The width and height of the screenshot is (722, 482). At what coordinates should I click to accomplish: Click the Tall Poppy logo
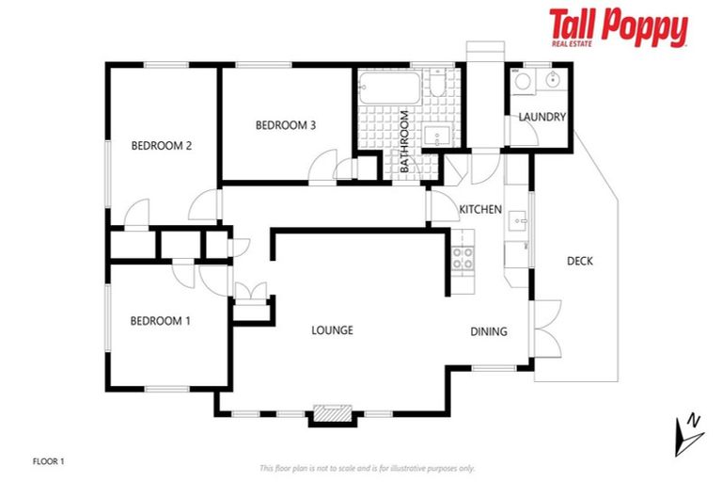(x=618, y=28)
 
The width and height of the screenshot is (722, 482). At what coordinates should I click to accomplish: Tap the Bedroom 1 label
(x=160, y=321)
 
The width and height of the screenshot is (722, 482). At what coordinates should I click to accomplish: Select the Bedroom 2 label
(x=161, y=145)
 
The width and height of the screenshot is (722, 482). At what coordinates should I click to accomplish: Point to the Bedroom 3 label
(x=285, y=125)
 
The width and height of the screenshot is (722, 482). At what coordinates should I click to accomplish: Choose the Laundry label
(x=542, y=117)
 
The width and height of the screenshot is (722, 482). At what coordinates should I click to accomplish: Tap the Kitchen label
(x=479, y=209)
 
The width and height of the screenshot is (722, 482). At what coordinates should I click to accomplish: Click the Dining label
(x=489, y=331)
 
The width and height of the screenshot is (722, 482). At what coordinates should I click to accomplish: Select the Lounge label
(x=333, y=330)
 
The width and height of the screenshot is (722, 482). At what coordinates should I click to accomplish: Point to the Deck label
(x=580, y=261)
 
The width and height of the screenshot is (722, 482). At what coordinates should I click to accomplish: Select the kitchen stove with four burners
(x=463, y=257)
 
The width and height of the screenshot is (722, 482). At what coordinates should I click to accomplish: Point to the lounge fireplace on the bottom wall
(x=332, y=413)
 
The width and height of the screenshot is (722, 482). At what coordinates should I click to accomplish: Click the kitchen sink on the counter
(x=516, y=222)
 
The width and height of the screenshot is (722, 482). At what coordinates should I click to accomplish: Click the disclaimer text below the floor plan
(x=367, y=468)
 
